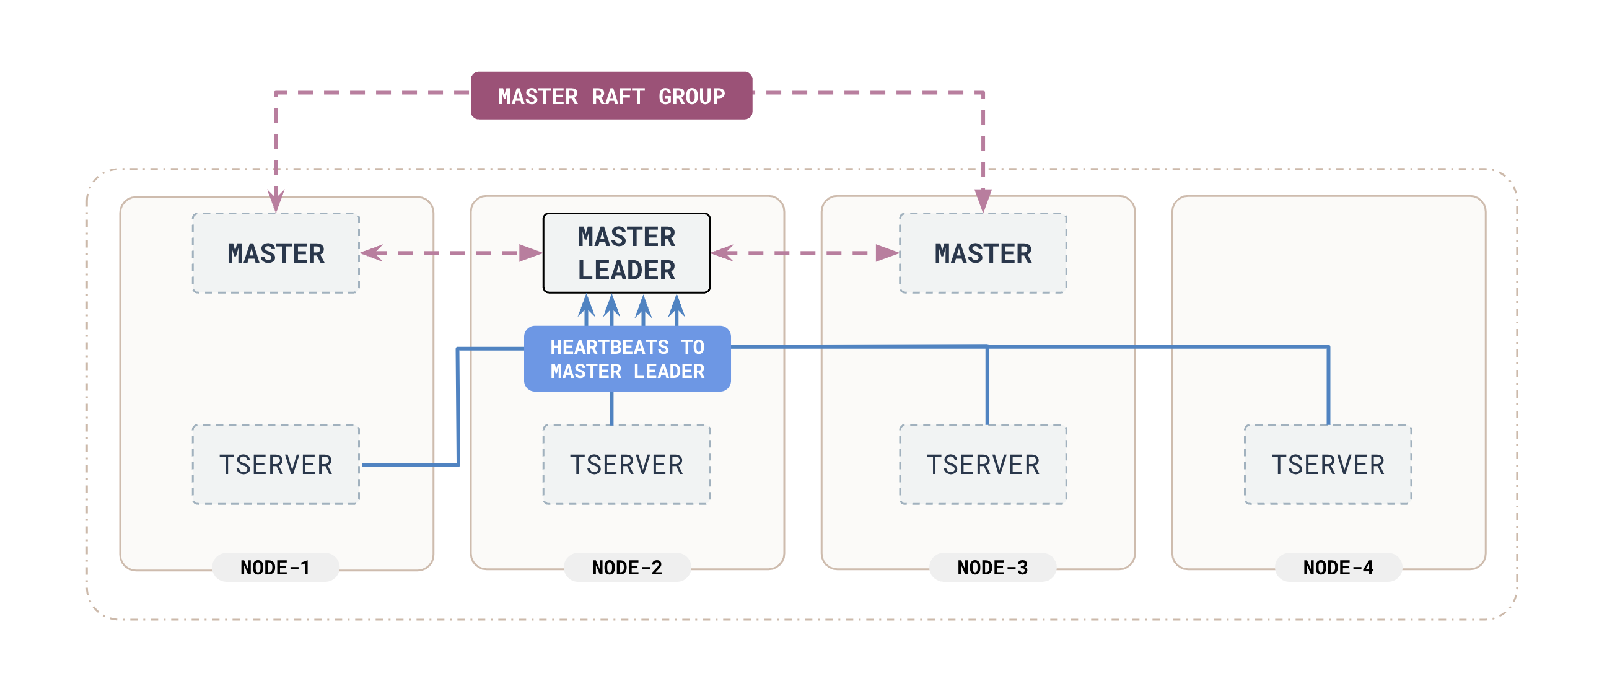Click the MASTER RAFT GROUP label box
coord(611,95)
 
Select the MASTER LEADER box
coord(626,253)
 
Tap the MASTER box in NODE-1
coord(276,253)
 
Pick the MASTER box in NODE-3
coord(983,253)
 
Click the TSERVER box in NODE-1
coord(276,464)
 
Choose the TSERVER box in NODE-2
coord(626,464)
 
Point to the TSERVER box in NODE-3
coord(983,464)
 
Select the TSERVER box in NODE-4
coord(1328,464)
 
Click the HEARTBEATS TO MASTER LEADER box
coord(627,359)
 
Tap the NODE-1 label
coord(275,568)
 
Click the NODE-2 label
coord(627,568)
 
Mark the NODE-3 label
coord(992,568)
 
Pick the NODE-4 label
coord(1338,568)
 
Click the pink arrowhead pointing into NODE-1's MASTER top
coord(276,201)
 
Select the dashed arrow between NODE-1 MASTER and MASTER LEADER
coord(450,253)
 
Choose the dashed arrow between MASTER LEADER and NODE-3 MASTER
coord(805,253)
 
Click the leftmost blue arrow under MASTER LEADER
coord(586,309)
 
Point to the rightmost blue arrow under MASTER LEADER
coord(677,309)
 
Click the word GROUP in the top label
coord(692,97)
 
